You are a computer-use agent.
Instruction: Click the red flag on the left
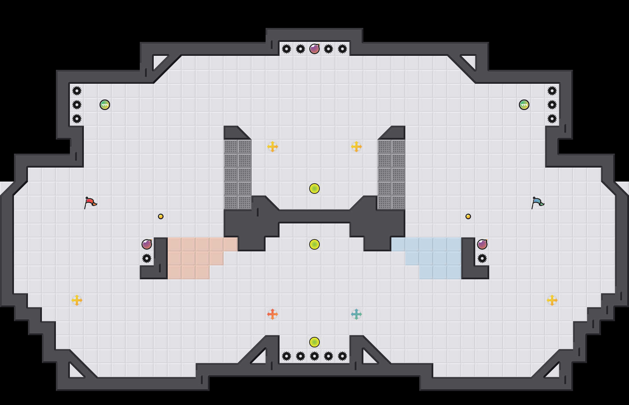tap(91, 202)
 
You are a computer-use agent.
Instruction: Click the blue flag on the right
tap(538, 202)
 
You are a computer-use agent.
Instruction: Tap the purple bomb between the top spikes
tap(314, 49)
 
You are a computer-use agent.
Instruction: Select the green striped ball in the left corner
tap(105, 105)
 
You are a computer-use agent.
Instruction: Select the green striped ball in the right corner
tap(524, 105)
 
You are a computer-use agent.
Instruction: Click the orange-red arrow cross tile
tap(273, 314)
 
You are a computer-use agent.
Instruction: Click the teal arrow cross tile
tap(356, 314)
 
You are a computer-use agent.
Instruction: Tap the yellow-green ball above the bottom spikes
tap(314, 342)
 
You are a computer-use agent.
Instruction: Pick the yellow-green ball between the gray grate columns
tap(314, 189)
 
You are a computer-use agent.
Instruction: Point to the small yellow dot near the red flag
tap(161, 216)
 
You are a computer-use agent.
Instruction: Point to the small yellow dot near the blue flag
tap(468, 216)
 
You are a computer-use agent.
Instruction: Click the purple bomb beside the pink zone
tap(147, 244)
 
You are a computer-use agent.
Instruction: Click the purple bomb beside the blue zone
tap(482, 244)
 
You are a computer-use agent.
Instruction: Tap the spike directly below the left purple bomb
tap(147, 258)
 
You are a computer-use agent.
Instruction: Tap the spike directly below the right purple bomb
tap(482, 258)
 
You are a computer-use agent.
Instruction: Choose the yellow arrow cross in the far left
tap(77, 300)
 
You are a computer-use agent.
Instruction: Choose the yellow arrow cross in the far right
tap(552, 300)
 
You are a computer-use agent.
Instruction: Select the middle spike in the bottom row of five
tap(314, 356)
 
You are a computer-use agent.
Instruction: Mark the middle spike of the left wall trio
tap(77, 105)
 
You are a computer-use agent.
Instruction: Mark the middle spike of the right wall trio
tap(552, 105)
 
